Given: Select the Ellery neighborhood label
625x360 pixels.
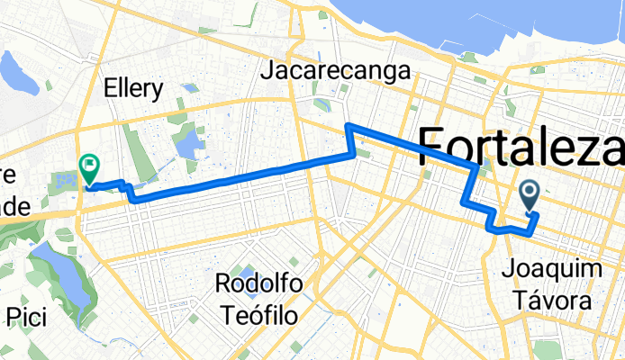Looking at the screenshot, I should pyautogui.click(x=133, y=89).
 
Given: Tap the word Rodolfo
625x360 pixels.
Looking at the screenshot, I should pyautogui.click(x=258, y=284).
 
